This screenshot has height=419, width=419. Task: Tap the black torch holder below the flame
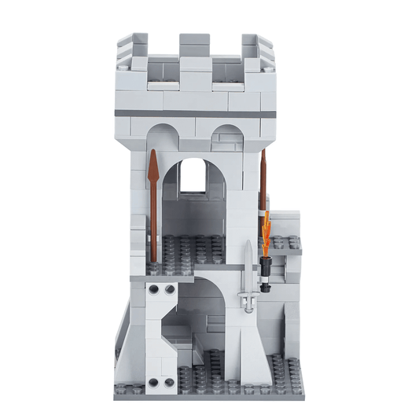coord(267,271)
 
